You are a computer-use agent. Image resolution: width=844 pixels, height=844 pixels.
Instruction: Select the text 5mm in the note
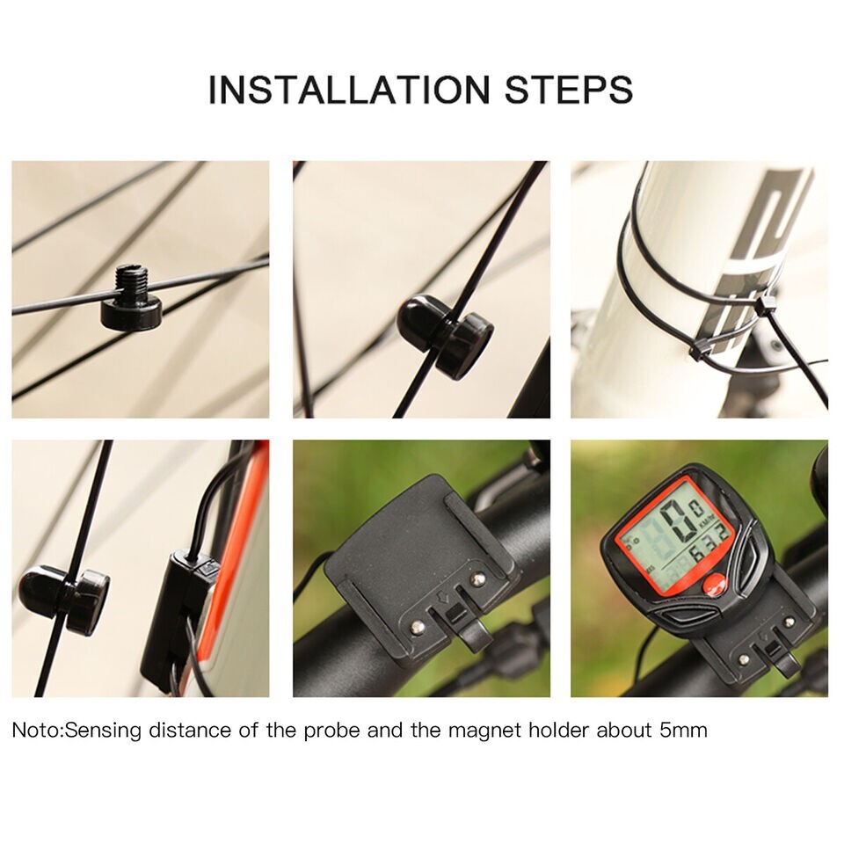point(681,730)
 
